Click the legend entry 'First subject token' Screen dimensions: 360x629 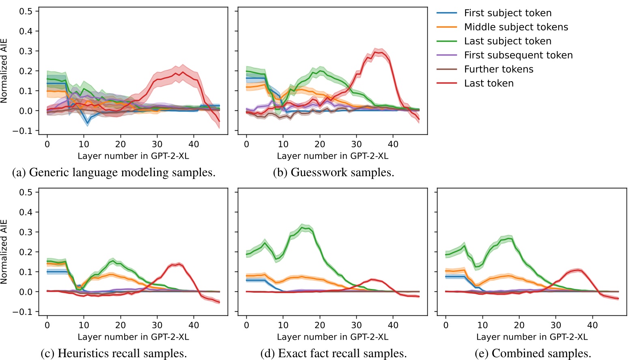pos(507,13)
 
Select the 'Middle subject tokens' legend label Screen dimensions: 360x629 pos(516,27)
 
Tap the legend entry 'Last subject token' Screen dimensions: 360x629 pos(507,41)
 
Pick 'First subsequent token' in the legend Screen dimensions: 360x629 pos(518,55)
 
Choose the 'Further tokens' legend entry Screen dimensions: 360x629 pos(498,69)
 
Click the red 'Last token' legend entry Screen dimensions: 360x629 pos(489,83)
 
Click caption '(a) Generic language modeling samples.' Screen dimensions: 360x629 pos(114,172)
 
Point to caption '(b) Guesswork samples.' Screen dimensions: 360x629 pos(333,172)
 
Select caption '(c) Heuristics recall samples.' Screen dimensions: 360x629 pos(114,354)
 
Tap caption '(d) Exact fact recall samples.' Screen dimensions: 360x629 pos(333,354)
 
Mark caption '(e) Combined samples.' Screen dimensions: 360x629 pos(532,354)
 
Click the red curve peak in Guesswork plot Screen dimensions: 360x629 pos(378,52)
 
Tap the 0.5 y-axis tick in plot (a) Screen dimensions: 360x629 pos(26,11)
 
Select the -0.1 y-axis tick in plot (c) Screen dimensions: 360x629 pos(25,312)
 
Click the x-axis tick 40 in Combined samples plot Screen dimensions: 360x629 pos(592,325)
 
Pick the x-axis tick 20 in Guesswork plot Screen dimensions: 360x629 pos(320,144)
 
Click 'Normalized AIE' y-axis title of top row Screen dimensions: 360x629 pos(4,71)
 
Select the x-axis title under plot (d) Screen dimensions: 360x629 pos(332,337)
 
